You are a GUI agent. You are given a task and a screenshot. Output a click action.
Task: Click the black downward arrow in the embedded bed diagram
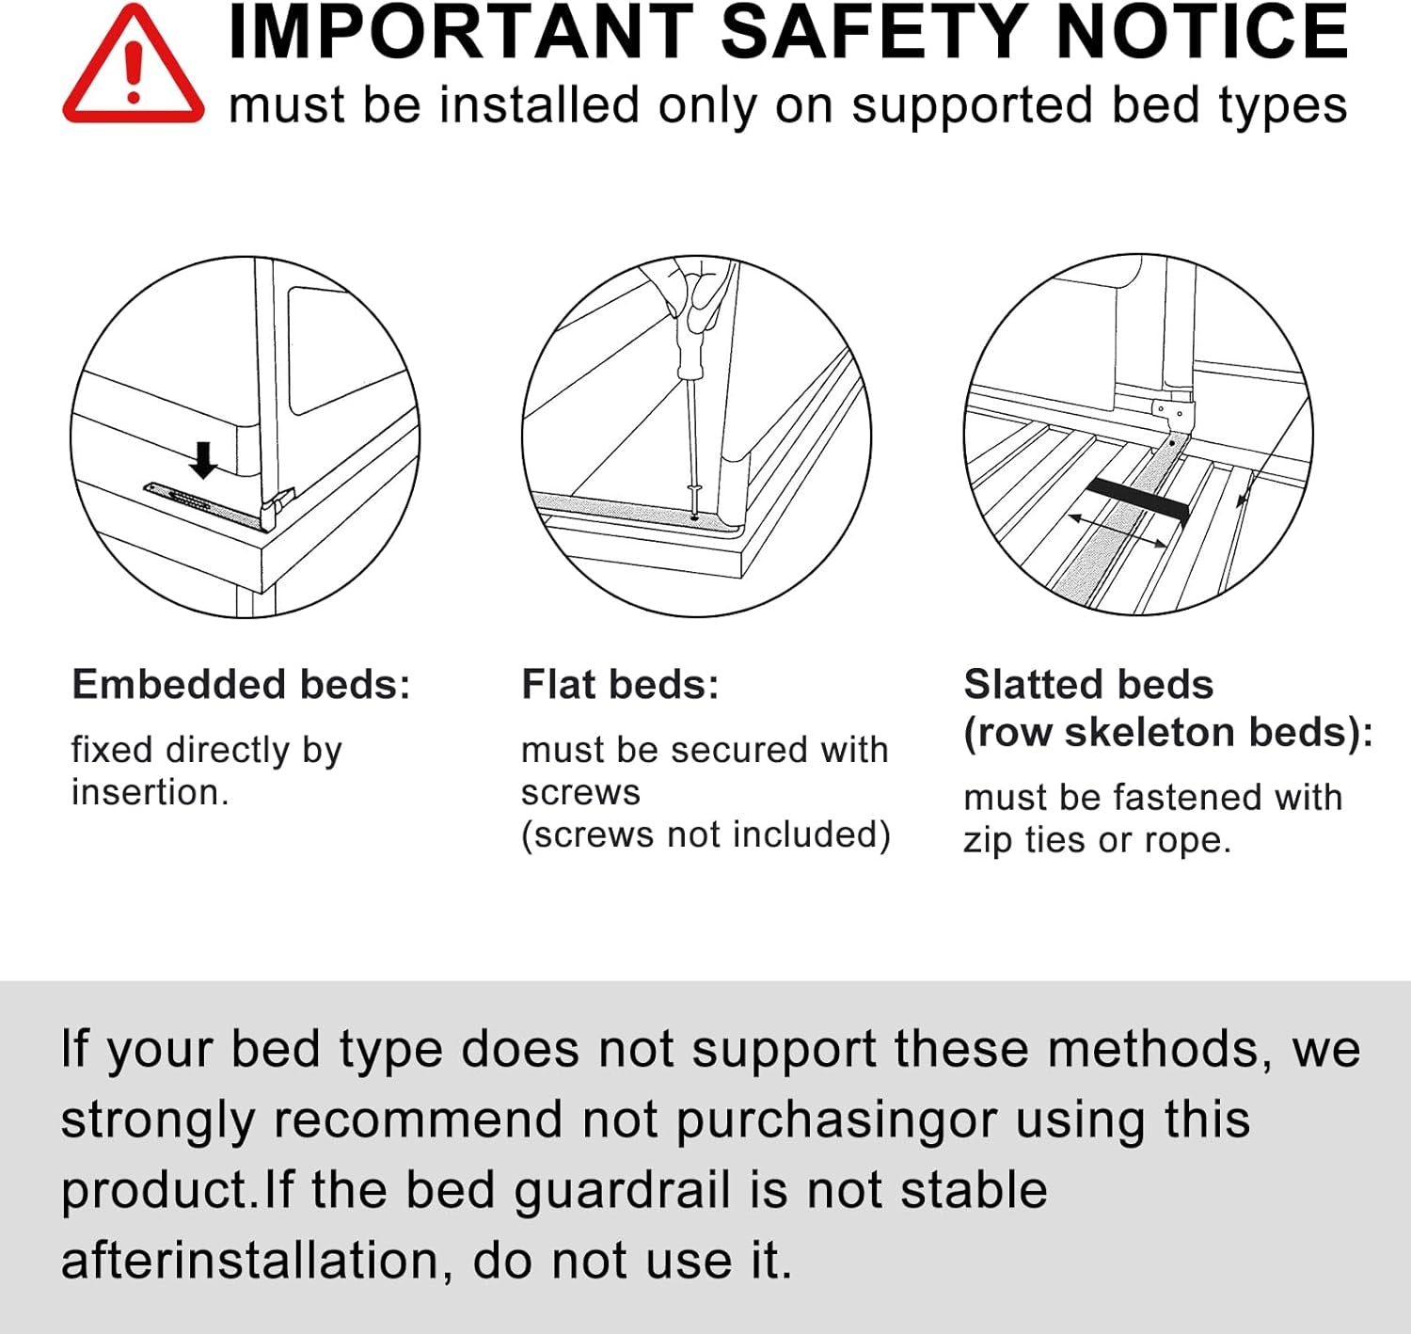(x=203, y=460)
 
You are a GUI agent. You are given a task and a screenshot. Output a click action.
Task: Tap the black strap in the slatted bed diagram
(x=1138, y=500)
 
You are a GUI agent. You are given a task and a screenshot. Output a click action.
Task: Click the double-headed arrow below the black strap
(x=1118, y=530)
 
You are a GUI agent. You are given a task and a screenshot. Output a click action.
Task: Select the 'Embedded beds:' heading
(x=241, y=685)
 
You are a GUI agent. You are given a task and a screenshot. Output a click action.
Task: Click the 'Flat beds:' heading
(x=620, y=685)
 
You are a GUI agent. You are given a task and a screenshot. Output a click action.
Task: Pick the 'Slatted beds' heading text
(x=1088, y=685)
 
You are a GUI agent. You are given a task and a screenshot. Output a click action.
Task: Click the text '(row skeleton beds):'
(x=1168, y=733)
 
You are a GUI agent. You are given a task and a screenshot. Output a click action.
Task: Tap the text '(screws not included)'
(x=705, y=835)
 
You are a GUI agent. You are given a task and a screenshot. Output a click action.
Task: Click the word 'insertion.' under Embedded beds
(x=151, y=793)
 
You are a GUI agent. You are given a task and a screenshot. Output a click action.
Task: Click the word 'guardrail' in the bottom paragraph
(x=622, y=1190)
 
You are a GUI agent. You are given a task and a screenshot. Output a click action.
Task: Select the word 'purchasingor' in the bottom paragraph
(x=836, y=1120)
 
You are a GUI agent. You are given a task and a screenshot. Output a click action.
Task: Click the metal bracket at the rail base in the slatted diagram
(x=1173, y=413)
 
